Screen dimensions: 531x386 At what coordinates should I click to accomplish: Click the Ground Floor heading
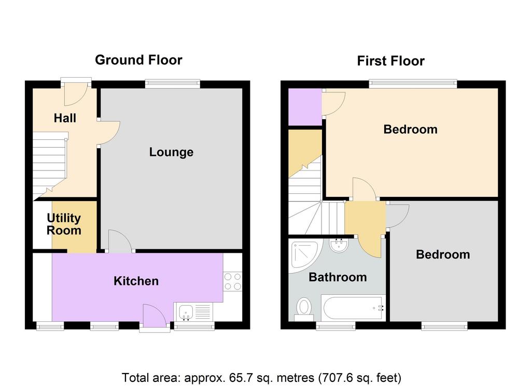138,60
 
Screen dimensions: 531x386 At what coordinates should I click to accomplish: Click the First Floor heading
390,61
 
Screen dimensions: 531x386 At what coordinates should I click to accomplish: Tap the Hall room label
65,118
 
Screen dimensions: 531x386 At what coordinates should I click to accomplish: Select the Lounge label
171,152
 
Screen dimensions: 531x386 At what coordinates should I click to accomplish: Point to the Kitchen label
136,281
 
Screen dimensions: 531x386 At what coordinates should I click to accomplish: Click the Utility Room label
64,224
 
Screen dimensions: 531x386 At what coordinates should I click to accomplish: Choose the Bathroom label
338,277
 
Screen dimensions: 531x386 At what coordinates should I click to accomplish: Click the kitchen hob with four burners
233,281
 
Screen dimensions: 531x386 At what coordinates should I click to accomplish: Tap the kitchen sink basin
186,312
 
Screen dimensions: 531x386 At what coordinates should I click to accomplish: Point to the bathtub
353,308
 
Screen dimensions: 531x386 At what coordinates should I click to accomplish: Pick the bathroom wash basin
339,245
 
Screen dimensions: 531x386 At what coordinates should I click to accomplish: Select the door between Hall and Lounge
109,133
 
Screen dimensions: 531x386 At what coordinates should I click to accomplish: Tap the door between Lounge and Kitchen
120,241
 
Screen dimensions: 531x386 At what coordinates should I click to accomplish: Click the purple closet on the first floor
305,107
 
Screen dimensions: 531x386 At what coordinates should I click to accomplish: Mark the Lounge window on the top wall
173,83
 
